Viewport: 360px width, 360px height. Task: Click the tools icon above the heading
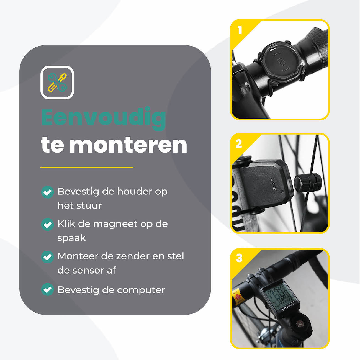click(57, 83)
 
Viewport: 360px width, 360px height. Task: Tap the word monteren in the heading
click(128, 145)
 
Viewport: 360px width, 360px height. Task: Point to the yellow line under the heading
click(87, 168)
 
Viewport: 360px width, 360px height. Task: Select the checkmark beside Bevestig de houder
click(47, 192)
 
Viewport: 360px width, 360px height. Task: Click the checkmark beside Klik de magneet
click(47, 224)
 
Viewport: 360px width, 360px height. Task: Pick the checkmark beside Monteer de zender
click(47, 257)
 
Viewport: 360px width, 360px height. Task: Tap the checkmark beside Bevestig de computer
click(47, 290)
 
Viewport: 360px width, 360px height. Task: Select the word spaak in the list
click(72, 238)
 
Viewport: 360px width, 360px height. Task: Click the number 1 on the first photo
click(240, 30)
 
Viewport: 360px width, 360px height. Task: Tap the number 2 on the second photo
click(239, 144)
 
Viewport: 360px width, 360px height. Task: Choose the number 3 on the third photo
click(239, 258)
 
